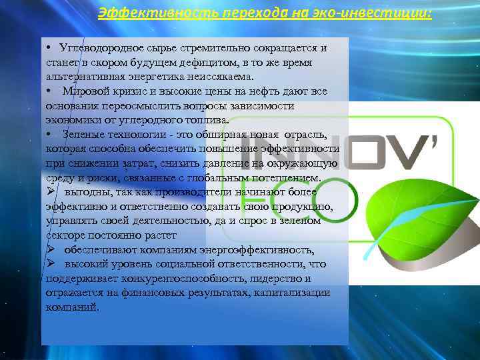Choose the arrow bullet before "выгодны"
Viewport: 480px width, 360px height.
[50, 191]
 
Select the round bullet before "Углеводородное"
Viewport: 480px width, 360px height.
[49, 48]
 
